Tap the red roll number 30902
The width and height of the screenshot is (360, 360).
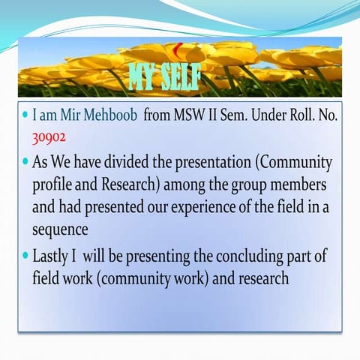click(x=49, y=137)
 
